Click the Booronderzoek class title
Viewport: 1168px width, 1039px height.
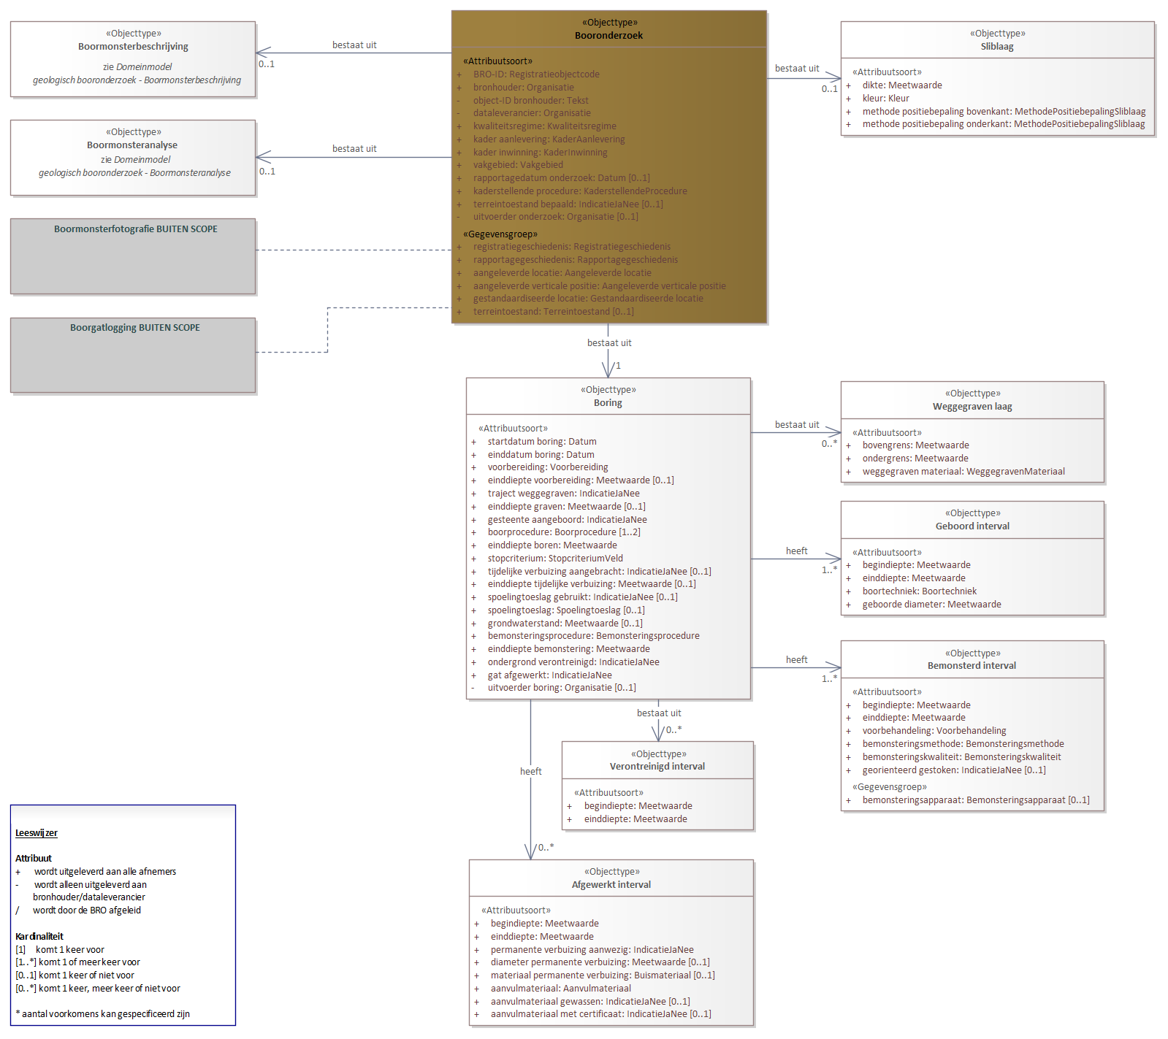click(x=608, y=36)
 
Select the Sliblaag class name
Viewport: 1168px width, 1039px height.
click(x=997, y=47)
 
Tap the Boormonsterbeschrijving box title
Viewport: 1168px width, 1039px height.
click(x=133, y=47)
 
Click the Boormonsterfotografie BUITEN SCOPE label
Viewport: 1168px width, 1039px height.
click(x=136, y=229)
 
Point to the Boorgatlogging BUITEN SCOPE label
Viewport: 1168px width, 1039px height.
click(x=135, y=328)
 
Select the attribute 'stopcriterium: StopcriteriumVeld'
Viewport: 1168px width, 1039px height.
click(x=555, y=559)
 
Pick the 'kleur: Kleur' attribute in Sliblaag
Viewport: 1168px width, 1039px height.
click(x=885, y=99)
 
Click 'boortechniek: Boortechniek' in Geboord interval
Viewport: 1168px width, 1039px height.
click(x=919, y=591)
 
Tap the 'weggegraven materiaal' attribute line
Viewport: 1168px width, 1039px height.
click(x=963, y=472)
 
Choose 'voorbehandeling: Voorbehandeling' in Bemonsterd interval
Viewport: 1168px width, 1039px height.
click(x=934, y=731)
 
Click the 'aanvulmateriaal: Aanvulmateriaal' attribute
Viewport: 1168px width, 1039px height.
click(x=560, y=989)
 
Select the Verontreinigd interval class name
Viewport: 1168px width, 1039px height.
click(x=657, y=767)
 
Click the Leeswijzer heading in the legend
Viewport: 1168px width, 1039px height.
click(x=37, y=833)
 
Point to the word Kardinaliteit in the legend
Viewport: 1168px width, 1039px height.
click(x=39, y=937)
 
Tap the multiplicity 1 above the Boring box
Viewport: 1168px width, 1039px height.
click(x=618, y=366)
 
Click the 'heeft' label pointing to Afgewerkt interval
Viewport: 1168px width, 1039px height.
click(x=531, y=772)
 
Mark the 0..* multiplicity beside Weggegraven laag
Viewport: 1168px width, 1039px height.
click(x=829, y=444)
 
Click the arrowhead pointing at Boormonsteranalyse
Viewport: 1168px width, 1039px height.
click(x=264, y=157)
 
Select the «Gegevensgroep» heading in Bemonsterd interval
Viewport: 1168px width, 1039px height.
click(x=889, y=787)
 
